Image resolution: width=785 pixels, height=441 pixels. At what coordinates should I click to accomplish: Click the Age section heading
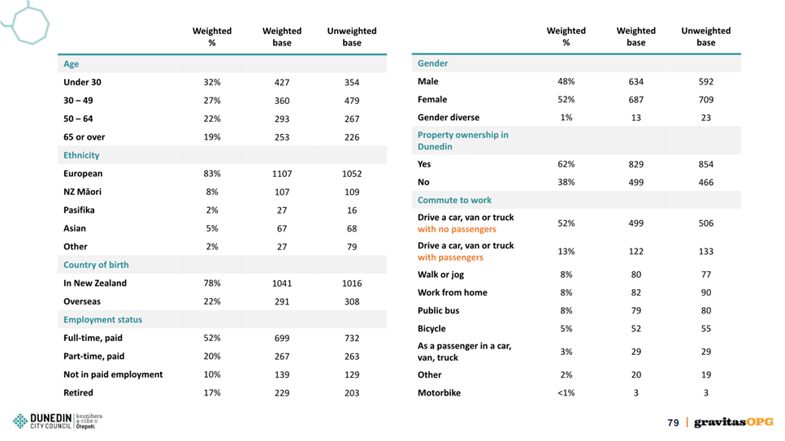(71, 63)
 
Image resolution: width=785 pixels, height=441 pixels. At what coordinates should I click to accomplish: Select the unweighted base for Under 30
(351, 83)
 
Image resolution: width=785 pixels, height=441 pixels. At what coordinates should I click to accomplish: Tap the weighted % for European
(212, 174)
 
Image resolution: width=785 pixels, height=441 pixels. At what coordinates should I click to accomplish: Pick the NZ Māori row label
(82, 192)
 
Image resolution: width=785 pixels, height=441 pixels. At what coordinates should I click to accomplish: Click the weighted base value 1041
(282, 283)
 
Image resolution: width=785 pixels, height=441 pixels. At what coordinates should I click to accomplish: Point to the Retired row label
(78, 392)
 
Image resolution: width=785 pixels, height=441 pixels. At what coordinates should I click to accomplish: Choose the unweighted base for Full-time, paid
(351, 339)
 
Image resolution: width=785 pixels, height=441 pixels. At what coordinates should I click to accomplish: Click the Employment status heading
(102, 319)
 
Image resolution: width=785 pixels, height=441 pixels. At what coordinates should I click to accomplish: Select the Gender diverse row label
(448, 117)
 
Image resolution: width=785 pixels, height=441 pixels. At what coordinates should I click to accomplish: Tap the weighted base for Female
(635, 100)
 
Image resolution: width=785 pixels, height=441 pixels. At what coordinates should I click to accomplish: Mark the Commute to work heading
(454, 200)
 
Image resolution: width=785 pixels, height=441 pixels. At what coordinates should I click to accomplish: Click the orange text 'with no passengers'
(457, 229)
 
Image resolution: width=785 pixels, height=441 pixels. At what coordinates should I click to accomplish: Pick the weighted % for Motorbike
(566, 393)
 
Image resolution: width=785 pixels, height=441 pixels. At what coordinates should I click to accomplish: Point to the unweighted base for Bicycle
(706, 329)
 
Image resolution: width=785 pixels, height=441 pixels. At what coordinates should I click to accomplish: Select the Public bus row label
(438, 310)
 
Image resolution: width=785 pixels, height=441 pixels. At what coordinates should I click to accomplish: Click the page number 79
(673, 423)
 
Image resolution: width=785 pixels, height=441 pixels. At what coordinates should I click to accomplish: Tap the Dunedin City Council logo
(57, 422)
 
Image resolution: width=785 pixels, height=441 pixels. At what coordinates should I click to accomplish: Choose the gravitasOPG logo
(734, 422)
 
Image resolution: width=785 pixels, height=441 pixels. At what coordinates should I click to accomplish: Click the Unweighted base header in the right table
(706, 37)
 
